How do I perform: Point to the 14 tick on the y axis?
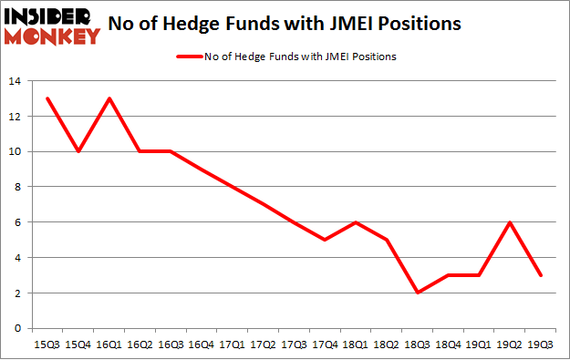[15, 82]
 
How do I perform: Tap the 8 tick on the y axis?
[17, 188]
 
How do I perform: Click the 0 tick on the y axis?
[17, 328]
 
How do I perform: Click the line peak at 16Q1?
[109, 99]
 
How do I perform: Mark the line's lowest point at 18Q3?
[419, 293]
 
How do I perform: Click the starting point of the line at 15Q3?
[46, 99]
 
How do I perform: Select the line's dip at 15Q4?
[78, 152]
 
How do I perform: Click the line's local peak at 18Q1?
[357, 222]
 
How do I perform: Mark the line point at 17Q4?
[326, 240]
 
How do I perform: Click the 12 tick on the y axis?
[15, 118]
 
